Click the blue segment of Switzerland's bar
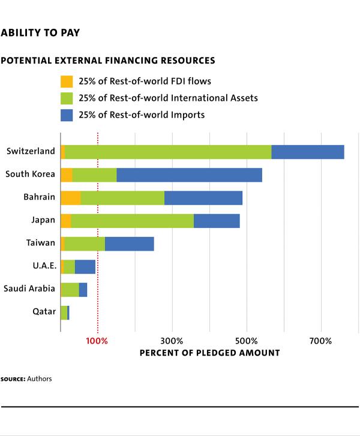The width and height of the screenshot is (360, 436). (308, 152)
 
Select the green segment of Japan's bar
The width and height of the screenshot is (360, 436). (133, 221)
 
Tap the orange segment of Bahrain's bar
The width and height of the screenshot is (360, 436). (71, 198)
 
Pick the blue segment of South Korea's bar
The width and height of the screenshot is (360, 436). (189, 175)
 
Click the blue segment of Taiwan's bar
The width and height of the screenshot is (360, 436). (130, 244)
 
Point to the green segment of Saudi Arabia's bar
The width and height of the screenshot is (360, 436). (70, 290)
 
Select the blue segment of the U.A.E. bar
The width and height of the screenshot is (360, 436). (85, 267)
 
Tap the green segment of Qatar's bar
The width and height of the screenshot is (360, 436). (64, 313)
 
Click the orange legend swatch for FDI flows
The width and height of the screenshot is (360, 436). (67, 82)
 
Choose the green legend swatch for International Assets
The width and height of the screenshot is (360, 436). (67, 98)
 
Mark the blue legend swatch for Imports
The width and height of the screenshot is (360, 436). (67, 115)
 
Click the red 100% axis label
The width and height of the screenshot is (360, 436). (97, 341)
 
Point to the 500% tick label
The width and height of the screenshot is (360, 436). (247, 341)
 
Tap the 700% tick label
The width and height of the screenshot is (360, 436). (321, 341)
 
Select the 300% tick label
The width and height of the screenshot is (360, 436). (172, 341)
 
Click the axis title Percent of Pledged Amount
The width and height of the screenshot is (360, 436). (210, 353)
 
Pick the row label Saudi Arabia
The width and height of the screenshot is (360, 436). (29, 288)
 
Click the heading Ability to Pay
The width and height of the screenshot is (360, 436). (40, 33)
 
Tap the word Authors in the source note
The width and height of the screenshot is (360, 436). (40, 378)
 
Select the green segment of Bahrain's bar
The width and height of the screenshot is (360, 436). (122, 198)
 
